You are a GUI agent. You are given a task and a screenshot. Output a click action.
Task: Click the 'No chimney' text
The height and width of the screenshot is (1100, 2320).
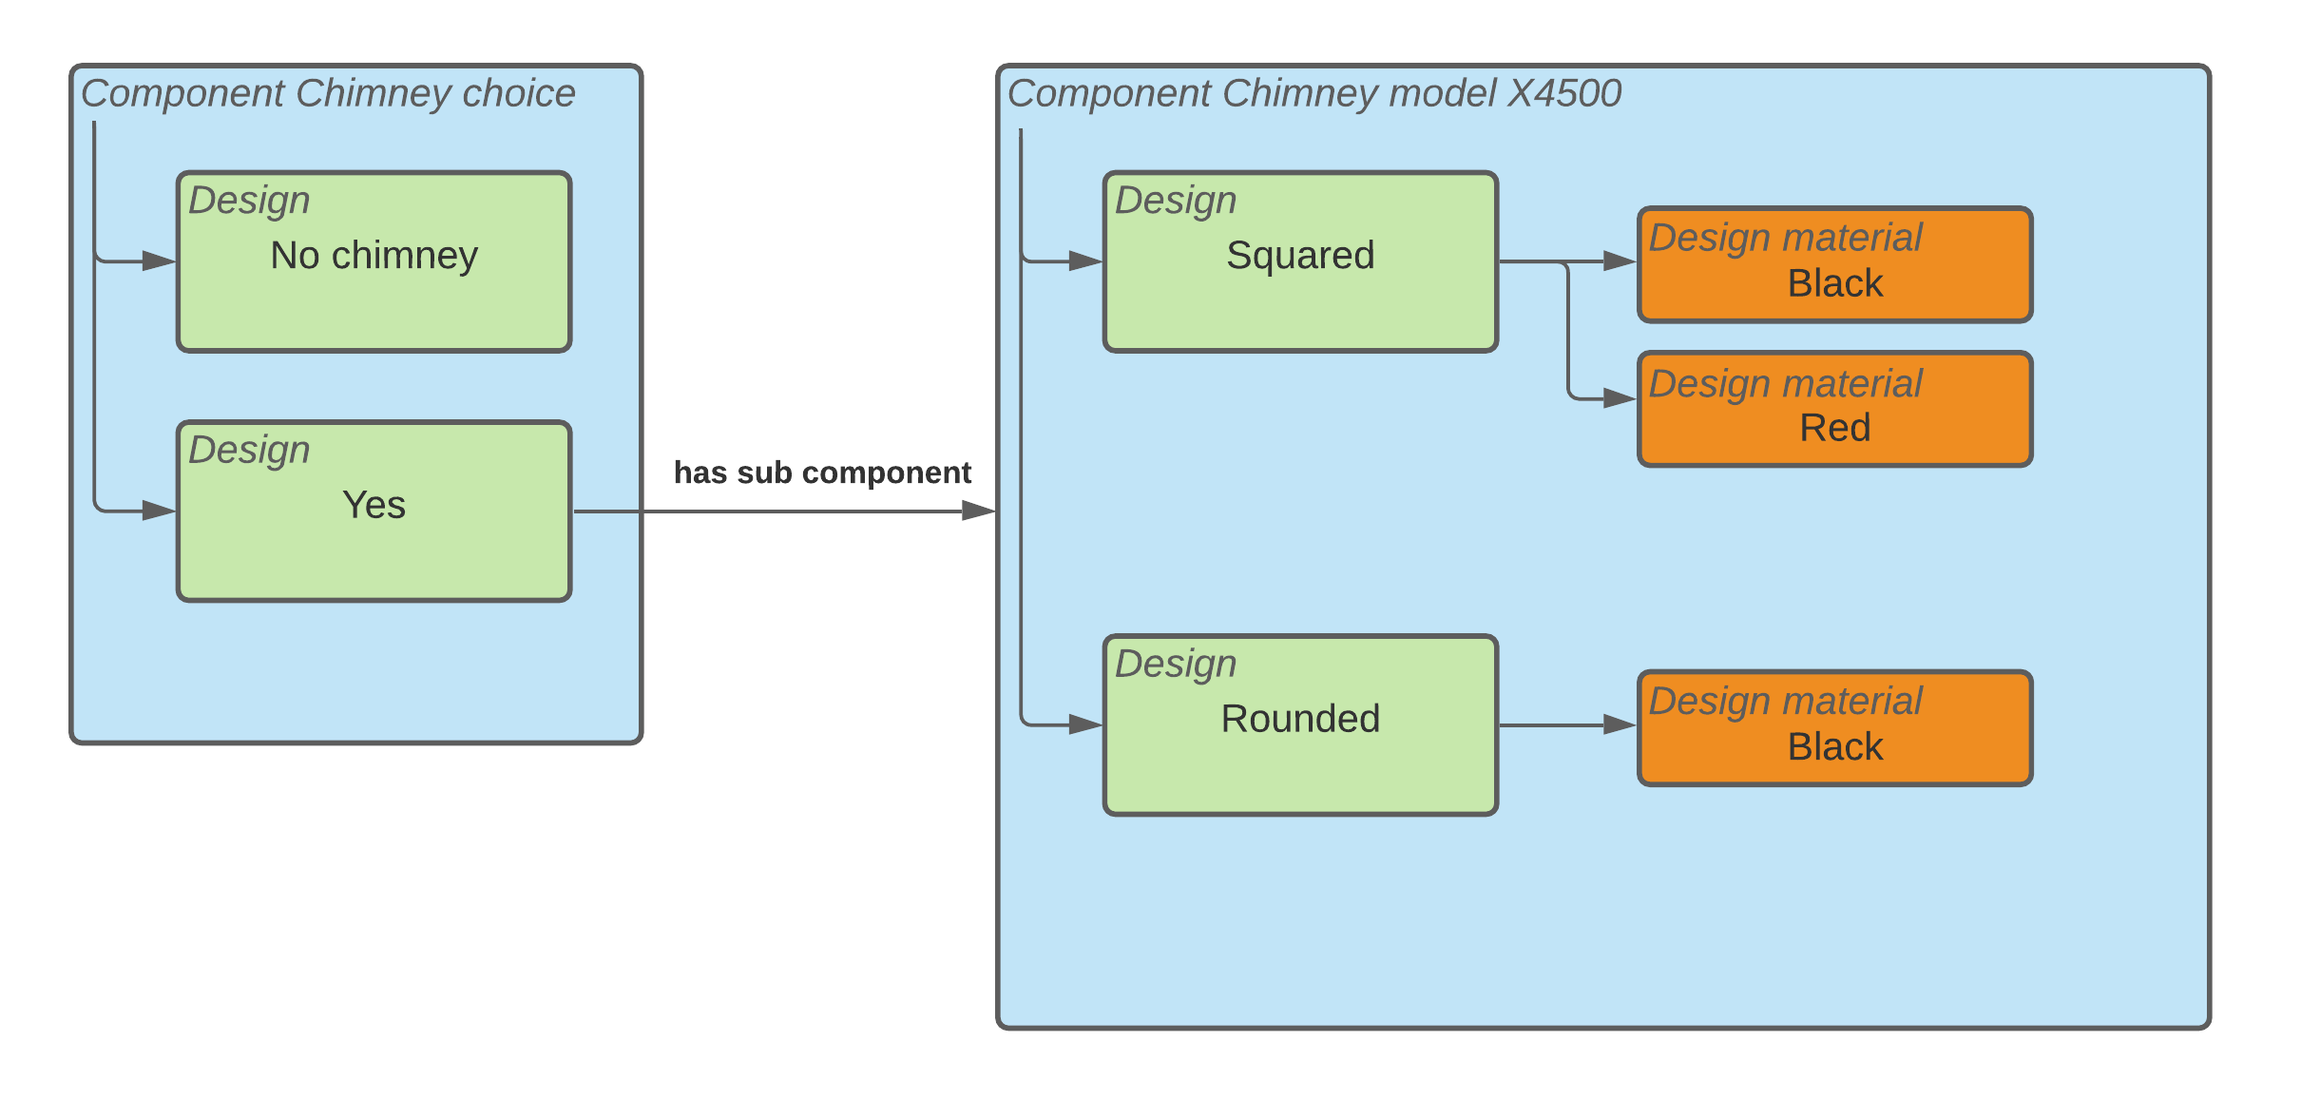374,255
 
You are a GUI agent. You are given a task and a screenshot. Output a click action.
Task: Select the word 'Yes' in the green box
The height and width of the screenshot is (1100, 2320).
374,505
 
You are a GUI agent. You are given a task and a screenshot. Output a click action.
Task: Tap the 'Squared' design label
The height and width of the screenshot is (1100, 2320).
1299,255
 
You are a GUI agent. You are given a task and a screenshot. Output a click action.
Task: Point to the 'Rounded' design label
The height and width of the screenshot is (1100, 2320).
1299,719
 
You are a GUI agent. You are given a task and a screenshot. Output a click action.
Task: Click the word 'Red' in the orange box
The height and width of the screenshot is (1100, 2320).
1834,428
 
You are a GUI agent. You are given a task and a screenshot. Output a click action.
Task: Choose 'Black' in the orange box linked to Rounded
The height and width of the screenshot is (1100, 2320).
1834,746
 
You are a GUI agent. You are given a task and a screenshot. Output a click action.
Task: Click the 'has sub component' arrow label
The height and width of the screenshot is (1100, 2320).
822,473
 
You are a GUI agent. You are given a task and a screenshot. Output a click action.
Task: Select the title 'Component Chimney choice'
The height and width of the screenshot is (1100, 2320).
328,93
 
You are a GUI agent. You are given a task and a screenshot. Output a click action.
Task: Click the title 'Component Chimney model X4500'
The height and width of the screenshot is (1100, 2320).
1313,93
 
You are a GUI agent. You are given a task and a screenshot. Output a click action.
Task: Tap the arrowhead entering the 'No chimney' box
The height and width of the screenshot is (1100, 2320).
159,261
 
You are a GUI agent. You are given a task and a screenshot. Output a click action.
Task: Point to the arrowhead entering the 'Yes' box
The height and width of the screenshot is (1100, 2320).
159,511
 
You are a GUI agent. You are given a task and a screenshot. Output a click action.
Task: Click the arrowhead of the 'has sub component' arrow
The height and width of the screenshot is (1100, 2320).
978,511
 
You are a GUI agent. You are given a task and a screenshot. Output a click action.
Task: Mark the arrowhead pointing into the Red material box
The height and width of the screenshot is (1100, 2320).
1620,398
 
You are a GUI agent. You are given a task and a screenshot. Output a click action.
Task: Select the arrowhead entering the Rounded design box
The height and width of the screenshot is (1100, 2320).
1085,724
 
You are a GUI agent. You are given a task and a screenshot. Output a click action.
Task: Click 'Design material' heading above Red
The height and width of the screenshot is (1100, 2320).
1785,383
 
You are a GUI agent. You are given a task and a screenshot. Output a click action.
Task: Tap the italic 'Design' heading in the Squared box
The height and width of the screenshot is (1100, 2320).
1176,201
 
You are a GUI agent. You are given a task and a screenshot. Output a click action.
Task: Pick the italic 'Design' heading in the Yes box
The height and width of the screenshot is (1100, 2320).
249,450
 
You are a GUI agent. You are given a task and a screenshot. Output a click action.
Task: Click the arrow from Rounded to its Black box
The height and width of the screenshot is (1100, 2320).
1559,725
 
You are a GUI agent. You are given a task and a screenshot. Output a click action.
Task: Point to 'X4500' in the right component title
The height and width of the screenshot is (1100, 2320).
1564,93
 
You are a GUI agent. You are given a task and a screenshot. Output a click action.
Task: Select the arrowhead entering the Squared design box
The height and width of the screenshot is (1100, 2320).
1085,261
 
